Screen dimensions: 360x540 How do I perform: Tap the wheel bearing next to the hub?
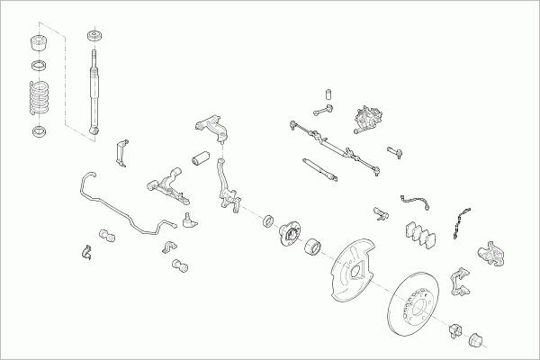[312, 244]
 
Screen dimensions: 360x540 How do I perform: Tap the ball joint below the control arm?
[186, 219]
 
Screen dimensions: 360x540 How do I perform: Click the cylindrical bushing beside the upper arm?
[200, 160]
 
